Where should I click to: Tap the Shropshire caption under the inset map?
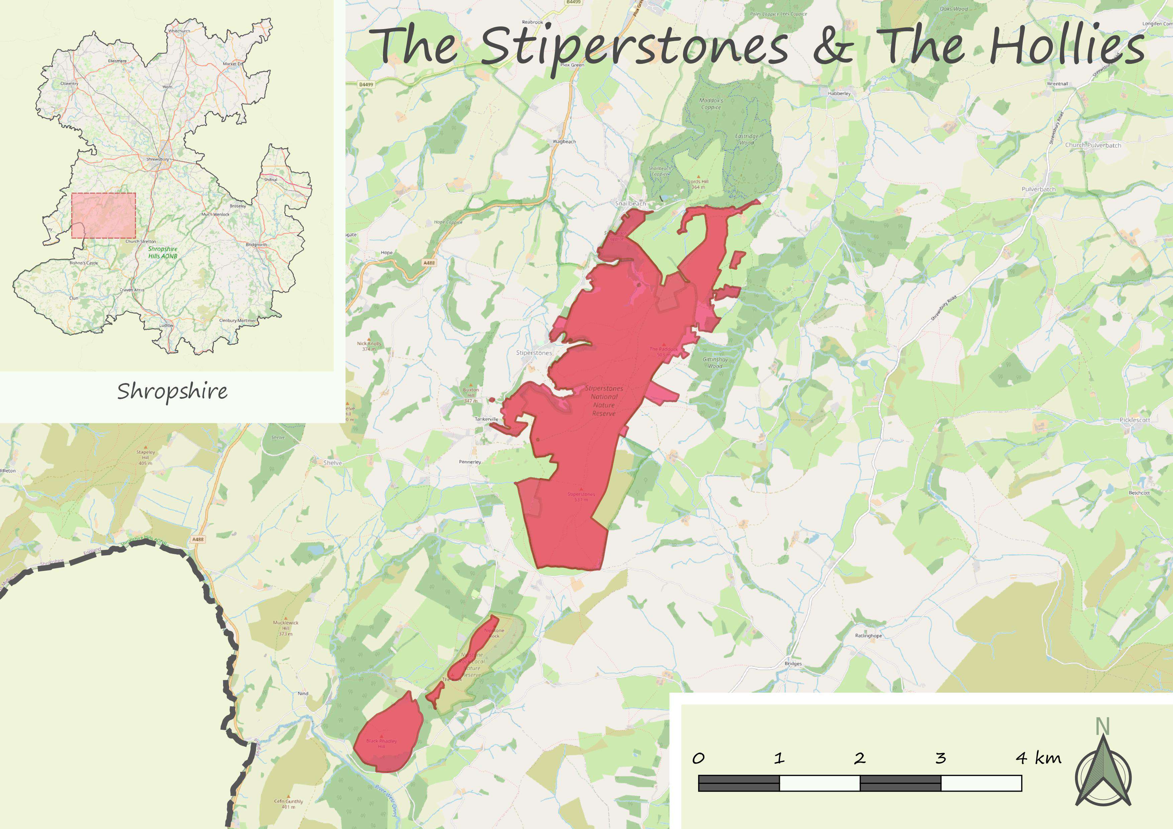tap(173, 391)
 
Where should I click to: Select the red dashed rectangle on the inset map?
tap(104, 215)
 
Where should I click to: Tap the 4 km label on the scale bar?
tap(1038, 758)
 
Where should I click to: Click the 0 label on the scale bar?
tap(698, 758)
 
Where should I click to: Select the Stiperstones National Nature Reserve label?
tap(604, 401)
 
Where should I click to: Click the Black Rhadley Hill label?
tap(381, 743)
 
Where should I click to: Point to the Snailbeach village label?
tap(630, 204)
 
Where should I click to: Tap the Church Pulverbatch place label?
tap(1093, 145)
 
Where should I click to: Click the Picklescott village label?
tap(1135, 420)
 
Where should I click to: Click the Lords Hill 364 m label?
tap(698, 184)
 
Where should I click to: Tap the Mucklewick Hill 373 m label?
tap(286, 628)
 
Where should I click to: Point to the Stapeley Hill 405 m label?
tap(145, 457)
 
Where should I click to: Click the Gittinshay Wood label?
tap(715, 362)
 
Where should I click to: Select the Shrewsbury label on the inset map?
tap(157, 159)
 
